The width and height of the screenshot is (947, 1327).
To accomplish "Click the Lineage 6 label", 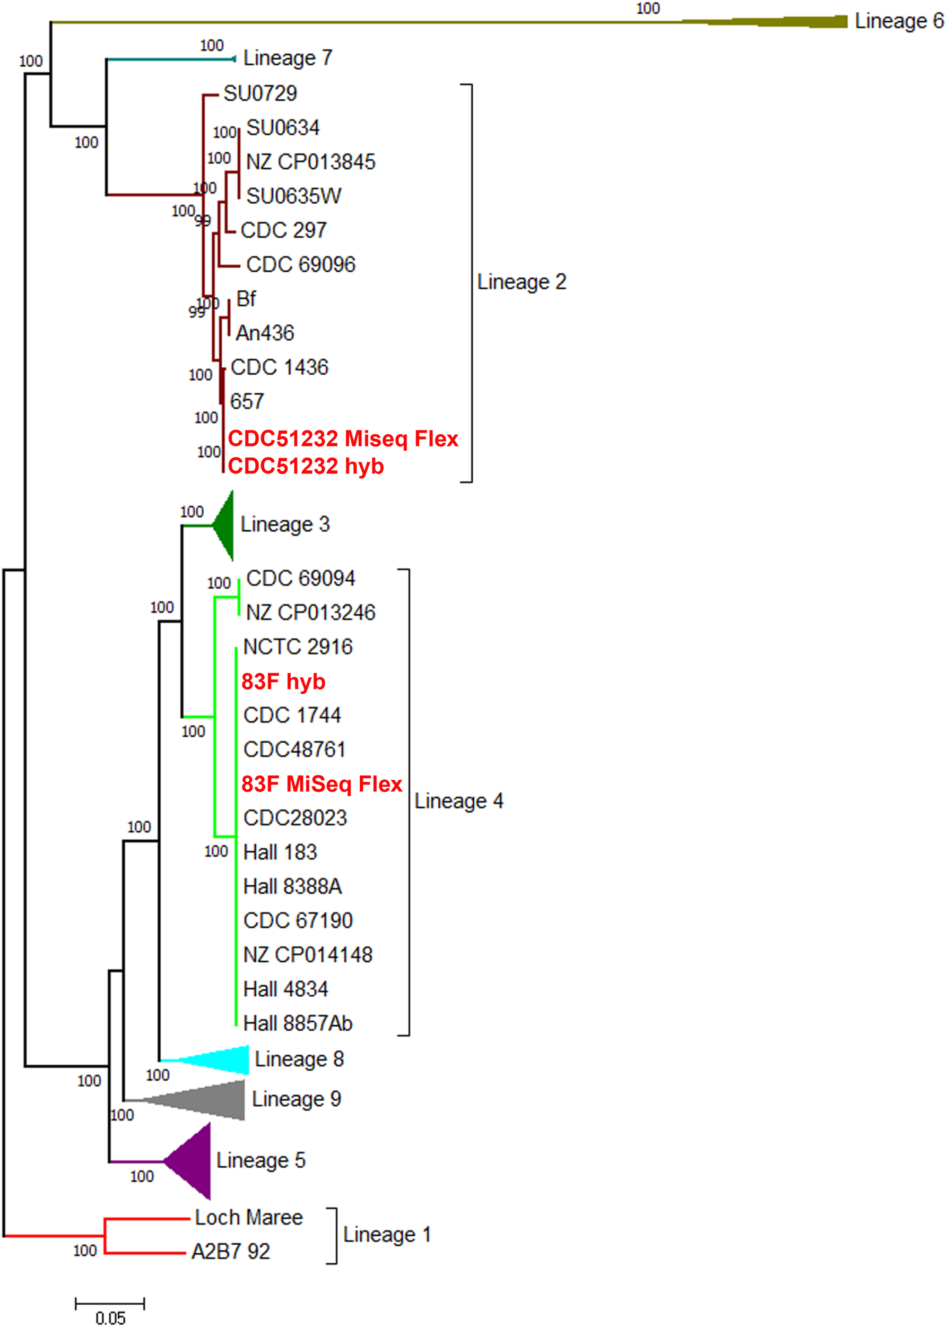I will pyautogui.click(x=898, y=21).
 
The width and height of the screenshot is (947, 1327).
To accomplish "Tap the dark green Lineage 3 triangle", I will pyautogui.click(x=225, y=525).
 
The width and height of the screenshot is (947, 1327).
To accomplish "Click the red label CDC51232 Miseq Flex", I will pyautogui.click(x=343, y=438).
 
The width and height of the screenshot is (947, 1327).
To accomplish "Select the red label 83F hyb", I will pyautogui.click(x=283, y=682).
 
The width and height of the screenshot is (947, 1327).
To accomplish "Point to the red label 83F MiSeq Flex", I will pyautogui.click(x=322, y=784).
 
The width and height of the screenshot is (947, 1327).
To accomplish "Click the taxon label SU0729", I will pyautogui.click(x=260, y=93).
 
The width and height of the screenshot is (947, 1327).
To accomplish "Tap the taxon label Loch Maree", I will pyautogui.click(x=249, y=1217).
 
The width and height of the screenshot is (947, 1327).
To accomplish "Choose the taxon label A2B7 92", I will pyautogui.click(x=231, y=1252).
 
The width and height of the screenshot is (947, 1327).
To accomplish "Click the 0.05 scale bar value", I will pyautogui.click(x=110, y=1317).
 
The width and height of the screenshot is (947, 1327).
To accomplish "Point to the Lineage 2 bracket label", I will pyautogui.click(x=522, y=282).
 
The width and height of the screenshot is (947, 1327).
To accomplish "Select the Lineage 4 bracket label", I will pyautogui.click(x=458, y=801).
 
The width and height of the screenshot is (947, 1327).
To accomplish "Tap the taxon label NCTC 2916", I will pyautogui.click(x=298, y=647).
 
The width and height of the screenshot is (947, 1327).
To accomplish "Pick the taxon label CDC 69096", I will pyautogui.click(x=300, y=265).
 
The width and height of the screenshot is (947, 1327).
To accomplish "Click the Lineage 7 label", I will pyautogui.click(x=288, y=58).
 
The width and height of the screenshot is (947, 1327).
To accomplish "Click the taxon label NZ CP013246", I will pyautogui.click(x=311, y=613).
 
